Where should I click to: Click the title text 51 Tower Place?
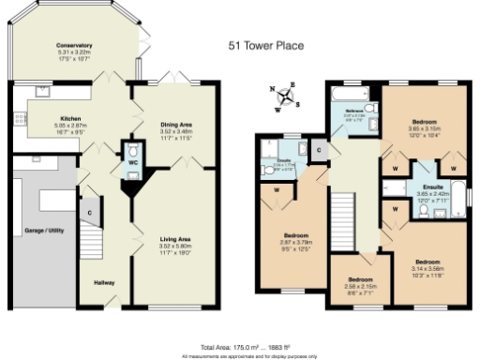(266, 44)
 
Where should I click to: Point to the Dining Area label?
(177, 124)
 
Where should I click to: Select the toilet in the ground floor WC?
(132, 151)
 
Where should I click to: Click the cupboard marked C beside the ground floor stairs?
(90, 213)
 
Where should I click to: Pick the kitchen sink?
(43, 92)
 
